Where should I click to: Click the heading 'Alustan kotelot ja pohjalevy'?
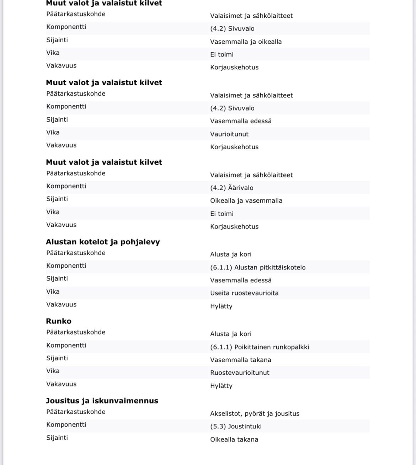click(x=103, y=242)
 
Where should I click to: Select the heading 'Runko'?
click(x=59, y=321)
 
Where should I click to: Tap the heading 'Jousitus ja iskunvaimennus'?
click(x=102, y=401)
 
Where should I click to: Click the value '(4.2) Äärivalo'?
click(x=231, y=188)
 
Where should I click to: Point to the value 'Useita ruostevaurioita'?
click(x=244, y=293)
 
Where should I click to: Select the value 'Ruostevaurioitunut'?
click(x=240, y=373)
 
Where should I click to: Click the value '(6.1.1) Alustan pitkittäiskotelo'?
click(x=258, y=267)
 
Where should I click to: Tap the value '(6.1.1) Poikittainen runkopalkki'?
click(x=260, y=347)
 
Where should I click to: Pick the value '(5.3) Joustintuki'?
click(x=236, y=426)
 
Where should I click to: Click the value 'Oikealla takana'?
click(x=234, y=439)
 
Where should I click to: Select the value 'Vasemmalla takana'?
click(x=240, y=360)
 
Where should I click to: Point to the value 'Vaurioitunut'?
click(x=229, y=134)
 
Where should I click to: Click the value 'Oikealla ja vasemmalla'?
click(x=246, y=201)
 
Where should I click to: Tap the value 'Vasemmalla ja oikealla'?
click(x=246, y=42)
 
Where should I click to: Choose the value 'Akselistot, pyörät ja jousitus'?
click(x=255, y=413)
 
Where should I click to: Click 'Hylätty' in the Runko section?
click(x=221, y=386)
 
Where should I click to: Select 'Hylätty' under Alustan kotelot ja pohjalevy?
click(x=221, y=306)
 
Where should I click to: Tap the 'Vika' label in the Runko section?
click(x=53, y=371)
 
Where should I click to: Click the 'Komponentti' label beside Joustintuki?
click(x=66, y=424)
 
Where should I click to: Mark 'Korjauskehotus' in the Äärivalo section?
click(x=234, y=226)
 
